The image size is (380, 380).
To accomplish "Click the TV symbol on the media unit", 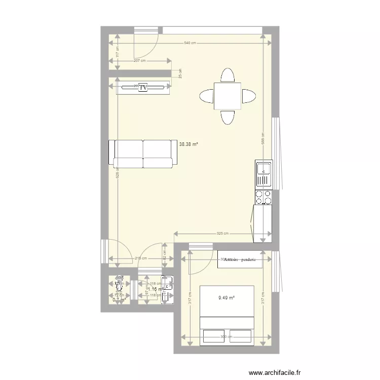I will click(143, 88).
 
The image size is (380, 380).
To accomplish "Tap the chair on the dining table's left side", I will click(207, 96).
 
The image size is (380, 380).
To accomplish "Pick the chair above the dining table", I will click(227, 75).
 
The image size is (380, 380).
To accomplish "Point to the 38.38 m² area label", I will click(188, 144).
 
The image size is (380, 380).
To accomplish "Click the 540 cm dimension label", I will click(189, 43).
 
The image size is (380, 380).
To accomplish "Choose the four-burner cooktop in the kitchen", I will click(263, 197).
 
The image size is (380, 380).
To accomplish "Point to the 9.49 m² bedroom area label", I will click(226, 298).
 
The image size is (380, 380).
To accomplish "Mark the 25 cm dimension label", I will click(179, 73).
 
